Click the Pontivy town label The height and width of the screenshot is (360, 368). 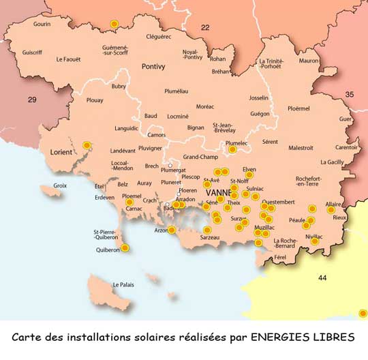tap(153, 66)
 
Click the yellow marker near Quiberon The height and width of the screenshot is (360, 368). tap(125, 248)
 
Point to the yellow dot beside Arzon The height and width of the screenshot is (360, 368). tap(172, 230)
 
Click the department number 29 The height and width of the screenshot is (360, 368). tap(32, 100)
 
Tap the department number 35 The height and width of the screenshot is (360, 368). tap(350, 94)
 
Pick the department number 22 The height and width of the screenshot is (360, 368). tap(204, 28)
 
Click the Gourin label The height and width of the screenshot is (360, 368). tap(42, 24)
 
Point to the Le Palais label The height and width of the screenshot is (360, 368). tap(124, 284)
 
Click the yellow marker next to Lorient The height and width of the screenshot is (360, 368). tap(87, 145)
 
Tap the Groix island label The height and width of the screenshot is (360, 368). tap(61, 185)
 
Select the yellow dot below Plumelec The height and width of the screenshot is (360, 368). tap(232, 149)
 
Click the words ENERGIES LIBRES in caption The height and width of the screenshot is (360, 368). tap(302, 337)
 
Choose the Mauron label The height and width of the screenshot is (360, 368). tap(309, 61)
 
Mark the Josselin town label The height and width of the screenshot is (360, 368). tap(259, 97)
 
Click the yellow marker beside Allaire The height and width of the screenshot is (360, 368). tap(331, 210)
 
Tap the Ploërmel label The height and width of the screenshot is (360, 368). tap(298, 108)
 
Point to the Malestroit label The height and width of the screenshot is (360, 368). tap(301, 147)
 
